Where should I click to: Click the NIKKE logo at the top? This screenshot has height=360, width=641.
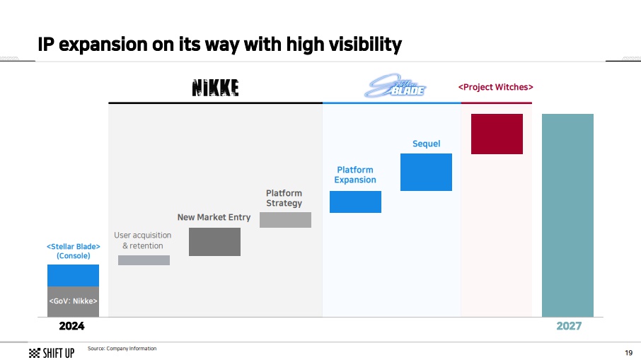216,88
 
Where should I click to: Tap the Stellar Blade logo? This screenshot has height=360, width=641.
395,86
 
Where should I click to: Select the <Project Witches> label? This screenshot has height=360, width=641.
495,87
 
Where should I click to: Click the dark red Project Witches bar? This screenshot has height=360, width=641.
497,134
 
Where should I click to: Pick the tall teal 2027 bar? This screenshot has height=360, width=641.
567,215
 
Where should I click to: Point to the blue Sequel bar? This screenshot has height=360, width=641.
426,172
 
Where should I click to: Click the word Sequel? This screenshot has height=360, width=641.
427,144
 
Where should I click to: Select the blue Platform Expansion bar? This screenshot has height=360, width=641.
355,202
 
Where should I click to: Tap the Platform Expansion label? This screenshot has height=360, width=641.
355,175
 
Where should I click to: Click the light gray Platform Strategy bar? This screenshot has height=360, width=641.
285,220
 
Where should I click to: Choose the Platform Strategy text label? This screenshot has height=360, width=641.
284,198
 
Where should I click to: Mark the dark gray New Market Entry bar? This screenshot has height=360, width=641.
214,242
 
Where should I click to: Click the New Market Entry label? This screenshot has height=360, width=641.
214,217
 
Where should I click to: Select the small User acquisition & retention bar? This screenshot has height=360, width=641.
144,260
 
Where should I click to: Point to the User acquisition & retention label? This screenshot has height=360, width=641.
143,240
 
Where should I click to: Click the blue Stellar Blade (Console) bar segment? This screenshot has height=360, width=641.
73,275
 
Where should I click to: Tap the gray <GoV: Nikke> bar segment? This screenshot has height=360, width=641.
73,301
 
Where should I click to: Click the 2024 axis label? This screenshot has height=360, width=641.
71,326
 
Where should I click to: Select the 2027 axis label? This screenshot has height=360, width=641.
569,326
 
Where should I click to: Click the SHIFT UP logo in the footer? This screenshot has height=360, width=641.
52,353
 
